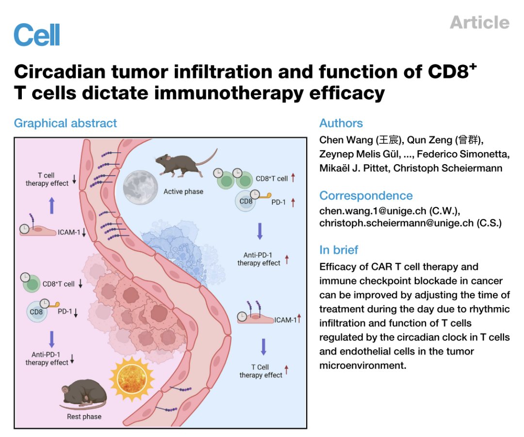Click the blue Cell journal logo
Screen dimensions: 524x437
coord(37,35)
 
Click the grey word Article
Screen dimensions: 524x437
coord(479,23)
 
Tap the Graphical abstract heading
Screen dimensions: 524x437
coord(65,124)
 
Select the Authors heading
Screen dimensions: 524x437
coord(341,124)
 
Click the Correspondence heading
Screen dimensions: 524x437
coord(366,195)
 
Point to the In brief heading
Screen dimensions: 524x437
coord(339,250)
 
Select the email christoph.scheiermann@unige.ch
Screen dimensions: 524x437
coord(396,223)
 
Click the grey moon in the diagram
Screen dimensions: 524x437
coord(140,187)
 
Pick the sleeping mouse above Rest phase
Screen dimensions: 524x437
coord(83,394)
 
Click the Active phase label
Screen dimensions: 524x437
coord(183,191)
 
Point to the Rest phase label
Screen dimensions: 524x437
coord(84,417)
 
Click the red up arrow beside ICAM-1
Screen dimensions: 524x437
coord(299,318)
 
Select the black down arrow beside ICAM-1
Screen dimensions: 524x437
coord(84,232)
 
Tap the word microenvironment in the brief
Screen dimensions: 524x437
coord(362,366)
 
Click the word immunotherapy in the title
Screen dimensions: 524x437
coord(229,93)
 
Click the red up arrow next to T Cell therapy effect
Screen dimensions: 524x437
coord(286,370)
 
